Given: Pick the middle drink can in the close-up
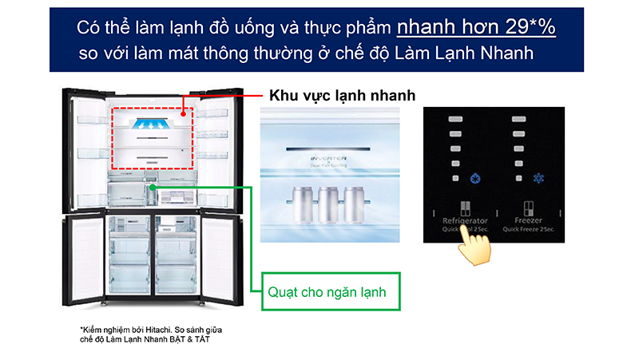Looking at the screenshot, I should pos(327,204).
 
